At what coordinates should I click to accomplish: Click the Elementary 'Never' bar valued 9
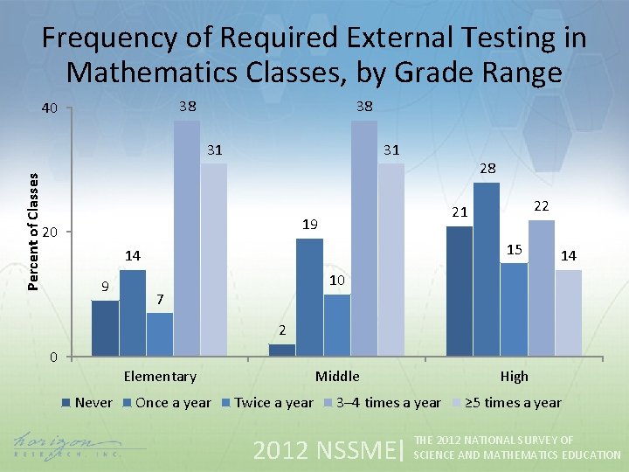pos(105,328)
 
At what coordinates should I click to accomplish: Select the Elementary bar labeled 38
pos(186,238)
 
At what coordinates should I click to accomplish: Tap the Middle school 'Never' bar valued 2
pos(282,350)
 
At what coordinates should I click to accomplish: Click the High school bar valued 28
pos(486,269)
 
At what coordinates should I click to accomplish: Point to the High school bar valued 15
pos(514,309)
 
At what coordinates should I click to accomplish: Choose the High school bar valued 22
pos(542,288)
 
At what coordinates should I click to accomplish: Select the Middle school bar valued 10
pos(336,325)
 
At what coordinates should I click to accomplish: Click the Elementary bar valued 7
pos(159,334)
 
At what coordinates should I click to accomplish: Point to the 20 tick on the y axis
pos(51,233)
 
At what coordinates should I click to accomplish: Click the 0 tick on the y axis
pos(53,357)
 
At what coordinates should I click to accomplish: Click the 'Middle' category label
pos(337,377)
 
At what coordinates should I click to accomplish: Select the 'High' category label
pos(514,377)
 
